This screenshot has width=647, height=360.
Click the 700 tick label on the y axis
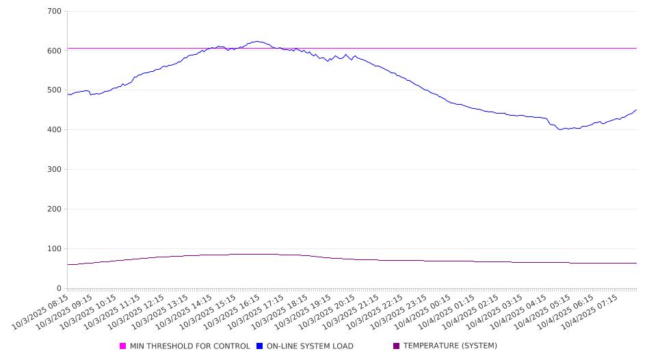coord(54,12)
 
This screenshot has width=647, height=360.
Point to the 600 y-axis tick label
coord(54,51)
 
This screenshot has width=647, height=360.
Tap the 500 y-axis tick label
coord(54,90)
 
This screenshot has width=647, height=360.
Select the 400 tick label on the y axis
coord(54,130)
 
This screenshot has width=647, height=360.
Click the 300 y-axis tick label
coord(54,170)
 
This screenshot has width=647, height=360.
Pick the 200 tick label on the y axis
coord(54,209)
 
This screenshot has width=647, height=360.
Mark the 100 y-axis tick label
coord(54,249)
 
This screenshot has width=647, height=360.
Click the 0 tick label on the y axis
coord(59,289)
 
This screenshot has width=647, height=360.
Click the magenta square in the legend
coord(123,346)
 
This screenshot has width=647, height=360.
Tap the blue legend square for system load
coord(260,346)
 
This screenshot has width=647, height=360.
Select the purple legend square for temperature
coord(397,346)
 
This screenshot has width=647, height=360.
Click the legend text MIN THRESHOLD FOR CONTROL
coord(190,346)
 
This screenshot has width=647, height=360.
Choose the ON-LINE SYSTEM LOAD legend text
coord(310,346)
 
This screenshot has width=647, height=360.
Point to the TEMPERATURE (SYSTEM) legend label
coord(450,346)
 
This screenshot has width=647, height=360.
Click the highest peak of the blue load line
coord(256,42)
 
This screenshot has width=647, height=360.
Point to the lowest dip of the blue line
coord(560,129)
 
